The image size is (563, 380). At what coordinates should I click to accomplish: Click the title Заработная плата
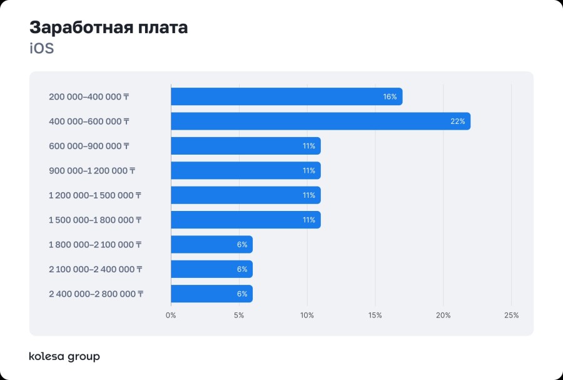(108, 28)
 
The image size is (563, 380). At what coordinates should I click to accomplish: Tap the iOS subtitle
(42, 49)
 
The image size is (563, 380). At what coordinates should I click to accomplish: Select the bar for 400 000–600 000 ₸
(320, 121)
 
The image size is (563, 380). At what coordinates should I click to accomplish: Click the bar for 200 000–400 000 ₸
(287, 96)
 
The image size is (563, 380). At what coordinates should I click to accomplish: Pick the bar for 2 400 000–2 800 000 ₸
(211, 294)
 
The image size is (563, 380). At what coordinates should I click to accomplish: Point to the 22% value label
(457, 121)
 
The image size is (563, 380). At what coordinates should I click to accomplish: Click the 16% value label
(390, 97)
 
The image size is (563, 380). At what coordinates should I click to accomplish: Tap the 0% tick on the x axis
(171, 315)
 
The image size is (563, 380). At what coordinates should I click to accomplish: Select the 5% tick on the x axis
(239, 315)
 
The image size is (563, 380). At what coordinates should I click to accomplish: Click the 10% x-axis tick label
(307, 315)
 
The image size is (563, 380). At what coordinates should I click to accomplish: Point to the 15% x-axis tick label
(375, 315)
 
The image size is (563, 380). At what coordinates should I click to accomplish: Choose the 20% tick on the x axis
(443, 315)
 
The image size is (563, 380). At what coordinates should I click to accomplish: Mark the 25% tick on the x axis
(511, 315)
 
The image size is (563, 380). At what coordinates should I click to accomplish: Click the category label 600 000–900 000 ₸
(89, 146)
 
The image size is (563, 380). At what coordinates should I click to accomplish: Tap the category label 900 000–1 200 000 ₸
(92, 170)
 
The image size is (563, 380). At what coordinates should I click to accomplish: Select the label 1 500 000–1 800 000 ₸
(95, 220)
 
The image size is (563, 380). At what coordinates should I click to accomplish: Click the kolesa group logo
(64, 357)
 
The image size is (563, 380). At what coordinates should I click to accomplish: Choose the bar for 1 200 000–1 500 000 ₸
(245, 195)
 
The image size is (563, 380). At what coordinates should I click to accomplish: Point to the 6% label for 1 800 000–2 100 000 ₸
(242, 245)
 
